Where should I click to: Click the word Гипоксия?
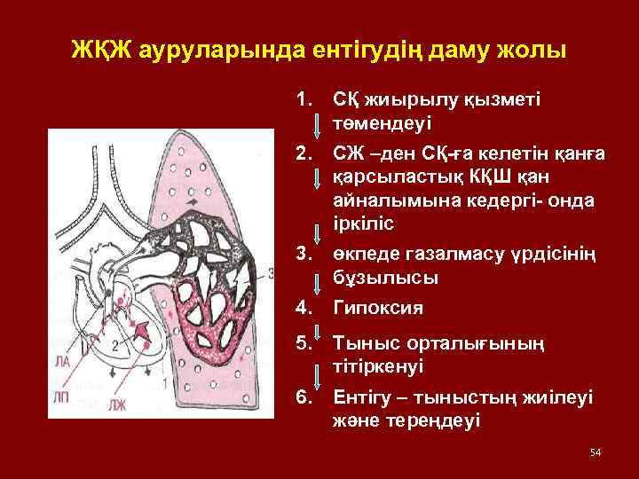pos(376,308)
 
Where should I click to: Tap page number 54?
pos(596,453)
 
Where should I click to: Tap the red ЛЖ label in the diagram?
pos(117,404)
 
